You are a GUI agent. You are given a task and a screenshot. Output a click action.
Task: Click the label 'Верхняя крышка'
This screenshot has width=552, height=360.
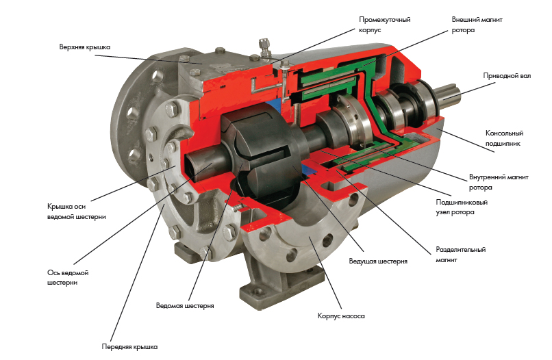click(84, 47)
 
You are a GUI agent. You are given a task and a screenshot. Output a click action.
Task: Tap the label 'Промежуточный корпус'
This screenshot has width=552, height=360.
click(384, 25)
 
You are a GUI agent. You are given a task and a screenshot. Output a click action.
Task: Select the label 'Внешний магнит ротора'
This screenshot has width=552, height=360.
click(477, 25)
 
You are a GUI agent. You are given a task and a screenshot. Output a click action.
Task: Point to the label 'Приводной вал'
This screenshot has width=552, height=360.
click(507, 76)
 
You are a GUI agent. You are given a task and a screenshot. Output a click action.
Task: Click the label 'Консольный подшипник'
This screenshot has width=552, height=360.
click(504, 138)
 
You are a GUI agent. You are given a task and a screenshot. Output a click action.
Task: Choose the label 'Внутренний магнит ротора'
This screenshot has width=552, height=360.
click(499, 182)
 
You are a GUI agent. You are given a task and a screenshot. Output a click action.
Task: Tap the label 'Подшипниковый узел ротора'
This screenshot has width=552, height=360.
click(462, 207)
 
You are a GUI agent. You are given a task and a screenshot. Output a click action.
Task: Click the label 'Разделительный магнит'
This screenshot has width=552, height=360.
click(460, 255)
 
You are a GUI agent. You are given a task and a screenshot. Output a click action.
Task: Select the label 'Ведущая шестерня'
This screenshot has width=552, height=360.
click(378, 261)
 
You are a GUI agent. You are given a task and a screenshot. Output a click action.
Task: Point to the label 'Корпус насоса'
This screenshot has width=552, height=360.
click(341, 316)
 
